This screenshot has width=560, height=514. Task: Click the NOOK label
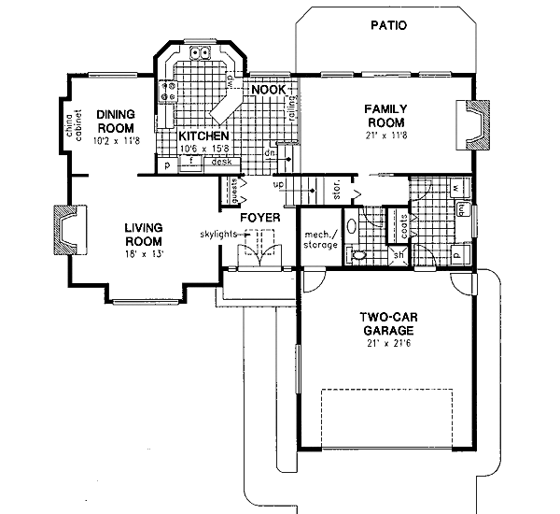(268, 90)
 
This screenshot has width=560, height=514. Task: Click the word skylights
(217, 234)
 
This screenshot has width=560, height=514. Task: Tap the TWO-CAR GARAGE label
(385, 323)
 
